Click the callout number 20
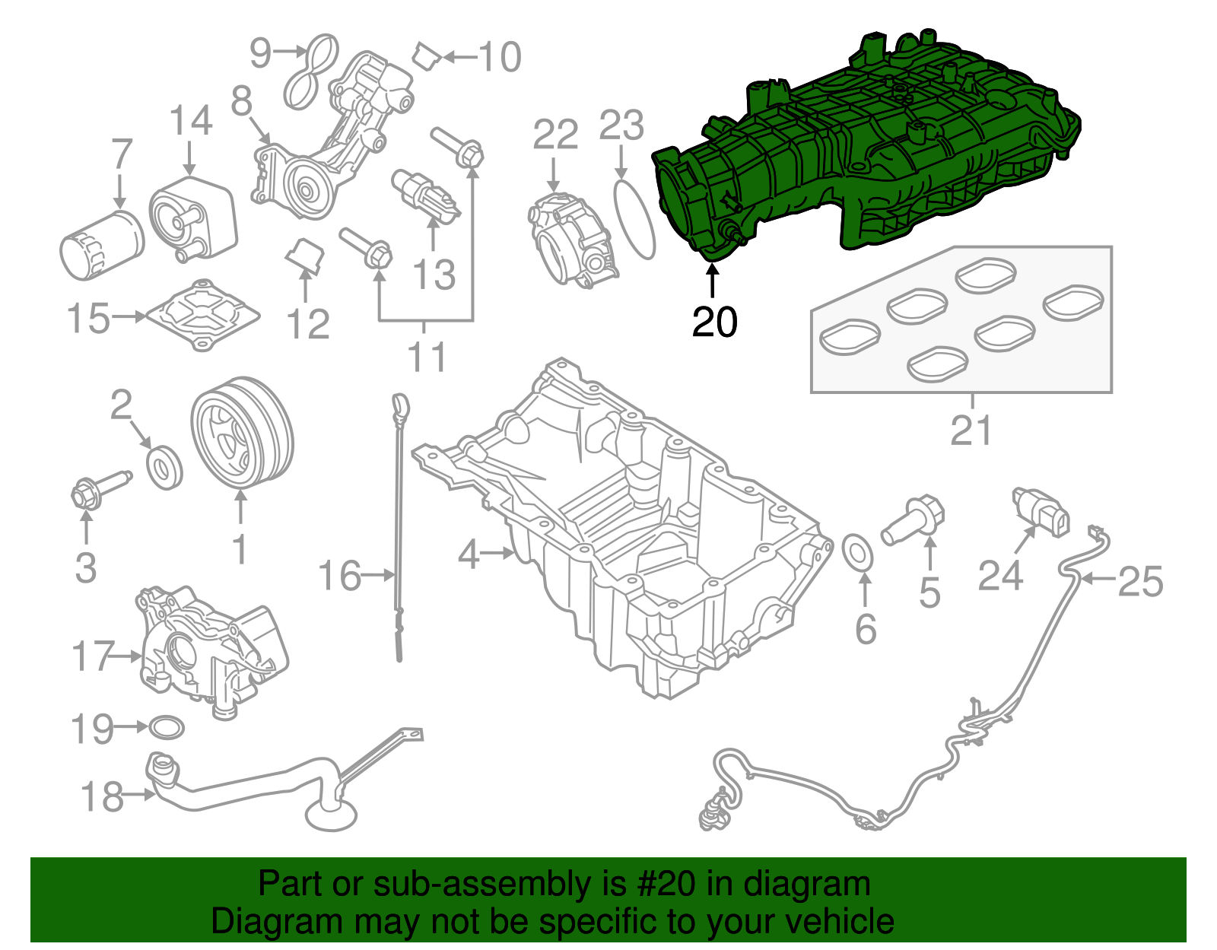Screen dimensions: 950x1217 (x=714, y=322)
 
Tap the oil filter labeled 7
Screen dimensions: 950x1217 (x=101, y=244)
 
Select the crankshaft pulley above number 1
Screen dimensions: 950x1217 (x=240, y=432)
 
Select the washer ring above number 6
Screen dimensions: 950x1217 (x=860, y=552)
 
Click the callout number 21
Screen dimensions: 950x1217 (x=971, y=431)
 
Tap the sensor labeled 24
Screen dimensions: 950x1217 (x=1041, y=512)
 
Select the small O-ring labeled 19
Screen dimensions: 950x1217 (x=166, y=728)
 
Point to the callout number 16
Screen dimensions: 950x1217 (x=339, y=576)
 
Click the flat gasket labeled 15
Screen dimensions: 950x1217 (x=202, y=315)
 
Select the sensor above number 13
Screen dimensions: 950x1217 (x=427, y=194)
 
